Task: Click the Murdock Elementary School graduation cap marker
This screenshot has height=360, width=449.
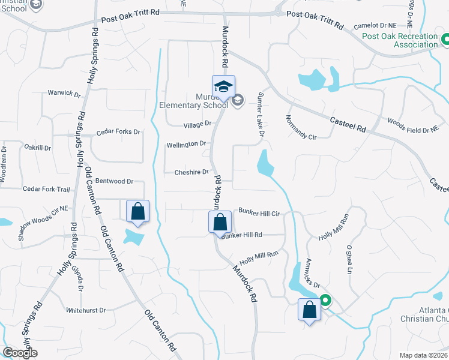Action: pos(223,86)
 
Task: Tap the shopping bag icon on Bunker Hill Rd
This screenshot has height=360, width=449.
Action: pos(220,222)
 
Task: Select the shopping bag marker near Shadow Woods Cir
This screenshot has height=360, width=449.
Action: pos(138,211)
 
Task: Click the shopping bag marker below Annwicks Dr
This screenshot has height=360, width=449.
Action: pos(309,310)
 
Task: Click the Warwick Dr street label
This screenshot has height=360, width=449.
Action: pos(64,94)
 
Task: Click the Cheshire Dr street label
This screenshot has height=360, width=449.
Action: pos(191,172)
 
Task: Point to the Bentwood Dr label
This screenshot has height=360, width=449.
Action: pos(113,181)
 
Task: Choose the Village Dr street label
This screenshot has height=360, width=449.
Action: pos(198,124)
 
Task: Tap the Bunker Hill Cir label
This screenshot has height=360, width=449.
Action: pos(260,212)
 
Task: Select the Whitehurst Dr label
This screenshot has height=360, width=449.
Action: pos(86,310)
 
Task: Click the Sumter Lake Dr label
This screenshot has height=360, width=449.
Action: pos(261,114)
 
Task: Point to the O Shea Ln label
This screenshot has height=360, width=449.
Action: pos(349,259)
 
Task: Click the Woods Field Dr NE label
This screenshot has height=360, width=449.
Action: pos(413,125)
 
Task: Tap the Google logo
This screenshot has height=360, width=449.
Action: pos(20,353)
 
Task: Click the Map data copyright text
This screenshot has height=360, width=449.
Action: pos(424,355)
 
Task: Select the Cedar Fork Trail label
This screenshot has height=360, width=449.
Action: pos(46,189)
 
